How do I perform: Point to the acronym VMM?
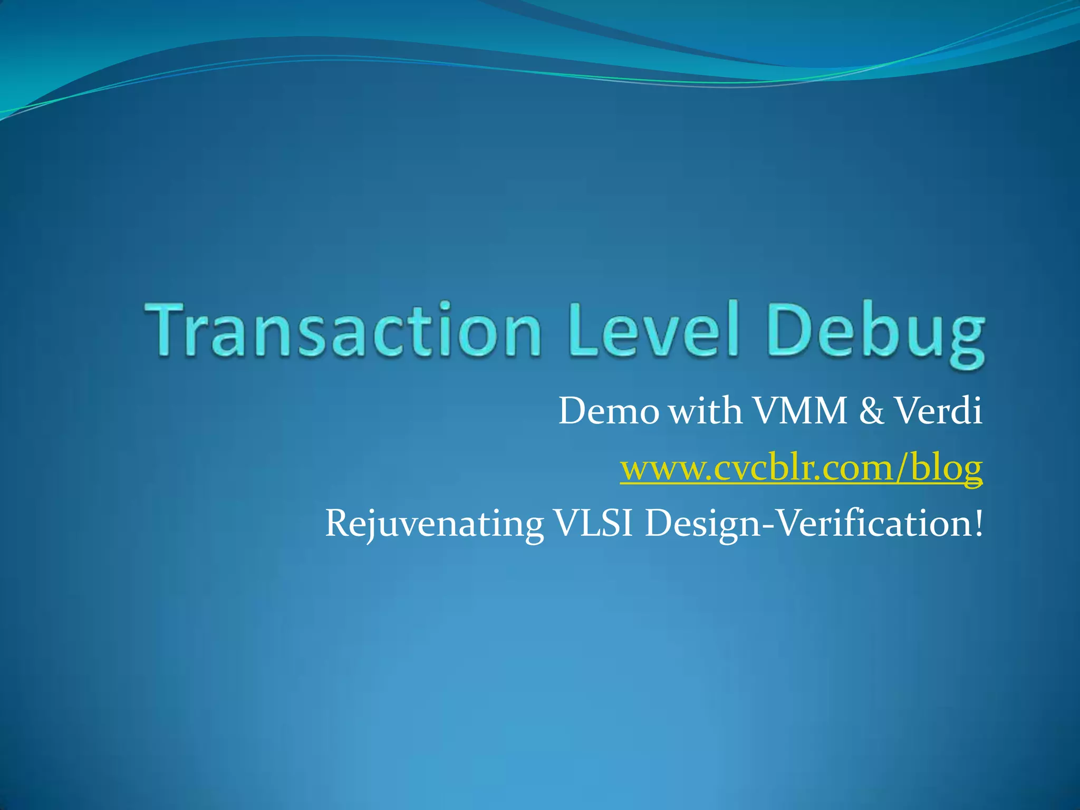(799, 411)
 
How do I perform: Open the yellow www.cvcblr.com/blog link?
(801, 468)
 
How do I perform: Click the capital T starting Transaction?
(170, 329)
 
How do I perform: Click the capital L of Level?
(583, 330)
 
